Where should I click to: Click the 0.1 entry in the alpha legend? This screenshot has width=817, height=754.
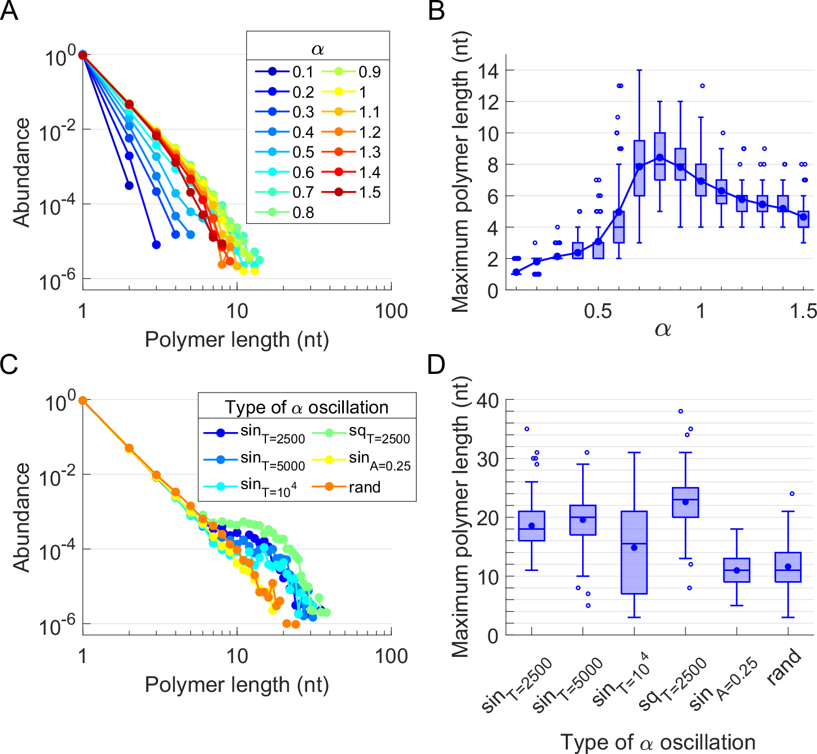click(x=303, y=72)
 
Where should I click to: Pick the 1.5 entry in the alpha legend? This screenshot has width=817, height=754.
click(x=370, y=193)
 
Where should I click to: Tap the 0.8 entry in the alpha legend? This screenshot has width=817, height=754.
click(x=303, y=213)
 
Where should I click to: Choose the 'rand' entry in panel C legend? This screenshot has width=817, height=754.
click(x=364, y=487)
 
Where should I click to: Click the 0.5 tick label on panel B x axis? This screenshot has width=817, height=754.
click(x=597, y=311)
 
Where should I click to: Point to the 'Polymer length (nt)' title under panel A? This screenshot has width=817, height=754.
click(x=237, y=340)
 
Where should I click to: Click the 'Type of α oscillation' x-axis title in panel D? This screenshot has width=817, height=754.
click(x=658, y=742)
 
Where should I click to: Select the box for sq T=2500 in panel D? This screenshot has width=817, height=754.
click(x=685, y=502)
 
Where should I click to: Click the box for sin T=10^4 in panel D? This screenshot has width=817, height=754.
click(x=634, y=552)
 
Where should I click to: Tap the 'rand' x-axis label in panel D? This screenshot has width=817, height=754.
click(x=784, y=667)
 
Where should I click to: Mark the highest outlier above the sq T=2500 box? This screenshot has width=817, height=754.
click(x=681, y=411)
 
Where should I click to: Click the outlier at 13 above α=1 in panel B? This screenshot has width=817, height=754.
click(x=702, y=86)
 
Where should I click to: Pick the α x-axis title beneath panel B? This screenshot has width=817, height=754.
click(x=662, y=329)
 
